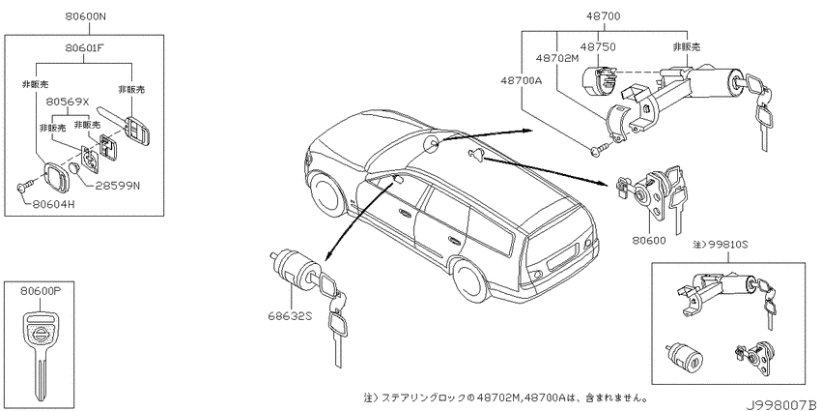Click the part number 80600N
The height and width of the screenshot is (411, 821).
pos(85,16)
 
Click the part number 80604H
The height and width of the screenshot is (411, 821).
pos(53,204)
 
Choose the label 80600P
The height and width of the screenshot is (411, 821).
pos(41,293)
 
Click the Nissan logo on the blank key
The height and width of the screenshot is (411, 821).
pos(41,335)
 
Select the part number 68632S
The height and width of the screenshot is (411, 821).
pos(289,315)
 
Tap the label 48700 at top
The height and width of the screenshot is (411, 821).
pos(604,16)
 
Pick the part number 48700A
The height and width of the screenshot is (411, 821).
pos(521,80)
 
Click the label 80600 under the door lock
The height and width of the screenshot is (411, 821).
pos(649,241)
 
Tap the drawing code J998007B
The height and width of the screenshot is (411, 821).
pos(781,405)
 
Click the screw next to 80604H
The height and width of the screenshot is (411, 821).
pos(26,184)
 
